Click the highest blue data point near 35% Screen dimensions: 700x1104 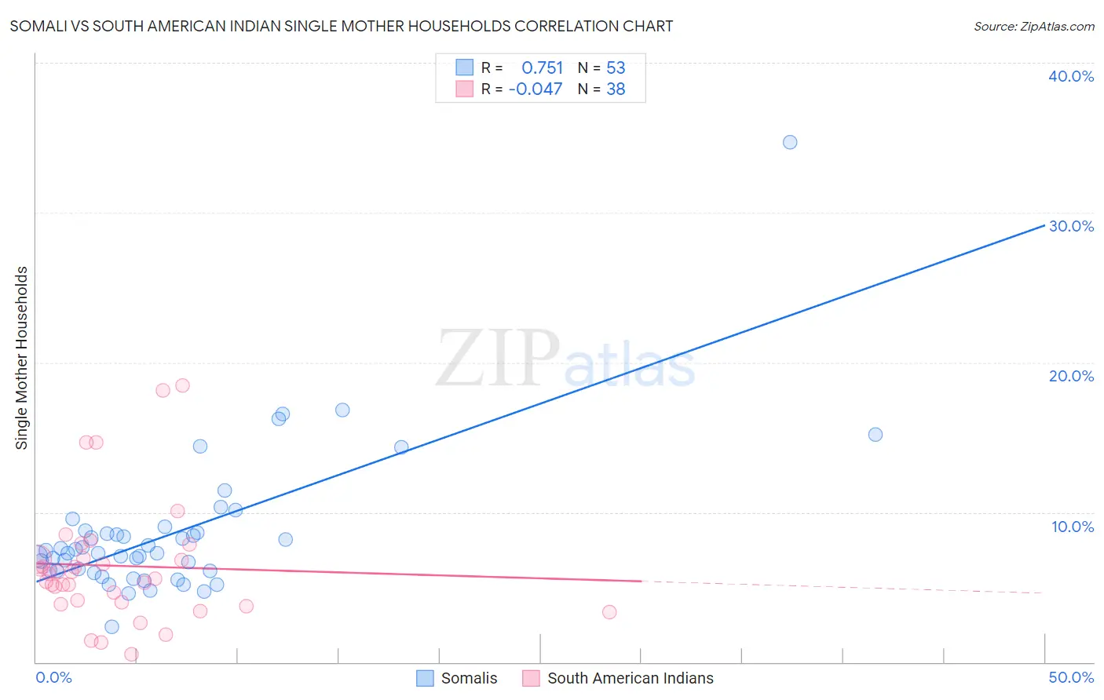(790, 142)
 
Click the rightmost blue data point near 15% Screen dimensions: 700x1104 (876, 435)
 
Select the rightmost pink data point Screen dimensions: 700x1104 (609, 612)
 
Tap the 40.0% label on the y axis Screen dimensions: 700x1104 (1071, 76)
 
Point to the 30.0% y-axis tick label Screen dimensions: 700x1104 (1071, 226)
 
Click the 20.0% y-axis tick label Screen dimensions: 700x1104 (1071, 376)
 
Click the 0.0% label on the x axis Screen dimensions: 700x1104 (53, 677)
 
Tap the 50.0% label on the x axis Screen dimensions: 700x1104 (1071, 677)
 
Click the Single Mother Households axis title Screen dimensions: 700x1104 (21, 358)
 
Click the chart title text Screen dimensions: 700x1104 (341, 26)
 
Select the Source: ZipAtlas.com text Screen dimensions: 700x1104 (1033, 27)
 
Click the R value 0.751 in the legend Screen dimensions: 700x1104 (542, 67)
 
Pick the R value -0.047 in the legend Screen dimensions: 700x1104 (536, 89)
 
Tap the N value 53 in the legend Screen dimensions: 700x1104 (616, 67)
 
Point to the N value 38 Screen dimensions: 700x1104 (616, 89)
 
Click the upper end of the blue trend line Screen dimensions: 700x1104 (1044, 225)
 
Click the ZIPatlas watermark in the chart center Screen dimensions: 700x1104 (565, 359)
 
